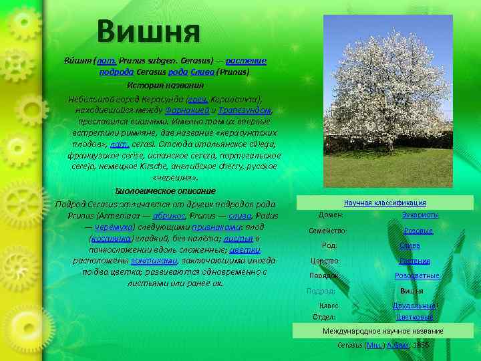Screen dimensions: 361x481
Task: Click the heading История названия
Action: tap(165, 86)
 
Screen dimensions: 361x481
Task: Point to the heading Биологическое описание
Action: tap(166, 191)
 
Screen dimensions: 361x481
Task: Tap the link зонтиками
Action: tap(152, 261)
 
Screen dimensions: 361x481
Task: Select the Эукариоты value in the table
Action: tap(420, 215)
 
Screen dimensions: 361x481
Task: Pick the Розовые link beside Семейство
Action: tap(419, 231)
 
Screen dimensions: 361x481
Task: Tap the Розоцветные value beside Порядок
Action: tap(417, 275)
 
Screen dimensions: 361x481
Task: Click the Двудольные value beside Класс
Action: tap(414, 306)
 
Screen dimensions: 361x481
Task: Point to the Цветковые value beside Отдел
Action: tap(414, 317)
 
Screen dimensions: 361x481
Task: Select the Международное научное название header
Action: tap(383, 331)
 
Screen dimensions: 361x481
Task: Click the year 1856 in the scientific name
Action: tap(421, 345)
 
